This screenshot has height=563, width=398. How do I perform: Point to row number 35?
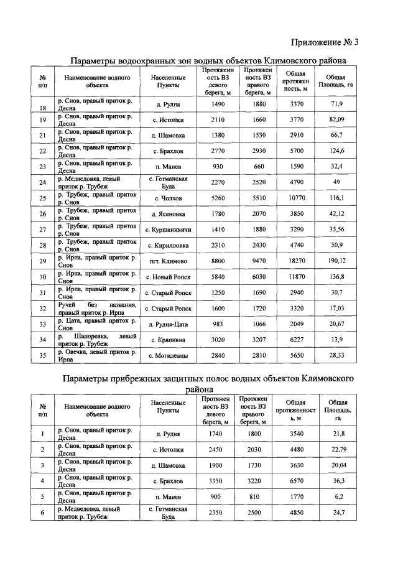[43, 356]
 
